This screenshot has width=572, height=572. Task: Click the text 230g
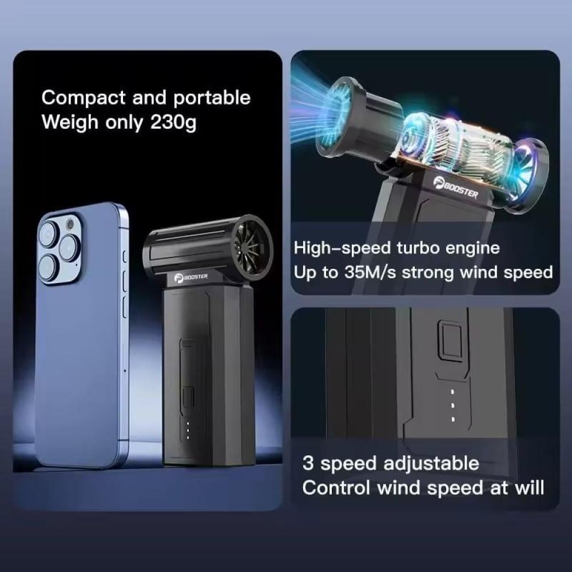(173, 122)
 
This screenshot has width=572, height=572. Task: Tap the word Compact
(84, 98)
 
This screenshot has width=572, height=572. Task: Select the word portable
(212, 98)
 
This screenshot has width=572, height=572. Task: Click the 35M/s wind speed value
(370, 272)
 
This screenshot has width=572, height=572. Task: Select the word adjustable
(431, 464)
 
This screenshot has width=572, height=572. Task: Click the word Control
(336, 488)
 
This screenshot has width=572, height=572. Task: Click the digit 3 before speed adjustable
(308, 463)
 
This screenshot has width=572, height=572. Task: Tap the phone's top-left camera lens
(48, 234)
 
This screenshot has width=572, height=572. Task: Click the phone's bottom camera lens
(48, 268)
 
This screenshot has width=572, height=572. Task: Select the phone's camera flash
(70, 224)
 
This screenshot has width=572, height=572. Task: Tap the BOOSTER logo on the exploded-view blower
(456, 188)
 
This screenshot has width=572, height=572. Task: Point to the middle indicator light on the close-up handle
(452, 405)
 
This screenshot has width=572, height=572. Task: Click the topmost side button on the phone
(124, 257)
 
